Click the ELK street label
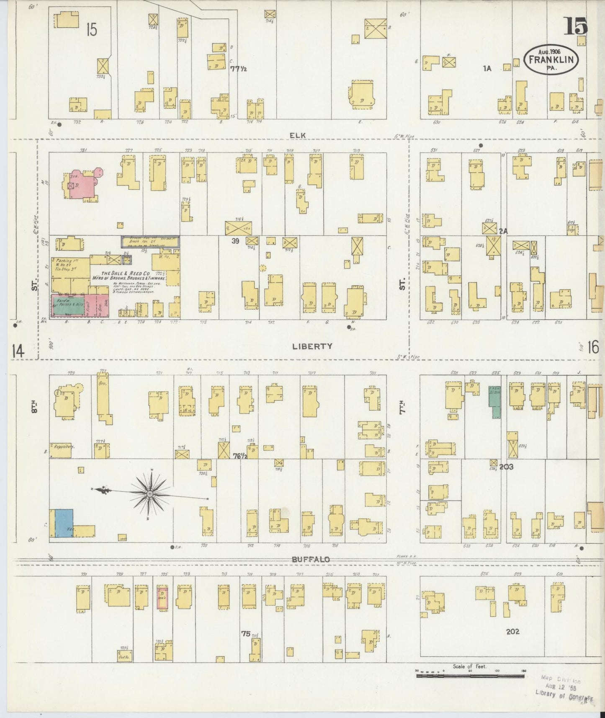click(x=297, y=135)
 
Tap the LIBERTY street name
click(x=312, y=346)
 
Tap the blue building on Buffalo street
click(x=64, y=523)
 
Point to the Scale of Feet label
click(x=469, y=666)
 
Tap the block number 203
click(x=506, y=466)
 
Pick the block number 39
click(x=235, y=241)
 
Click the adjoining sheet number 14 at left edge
click(x=18, y=351)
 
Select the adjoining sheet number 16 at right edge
click(x=593, y=347)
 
